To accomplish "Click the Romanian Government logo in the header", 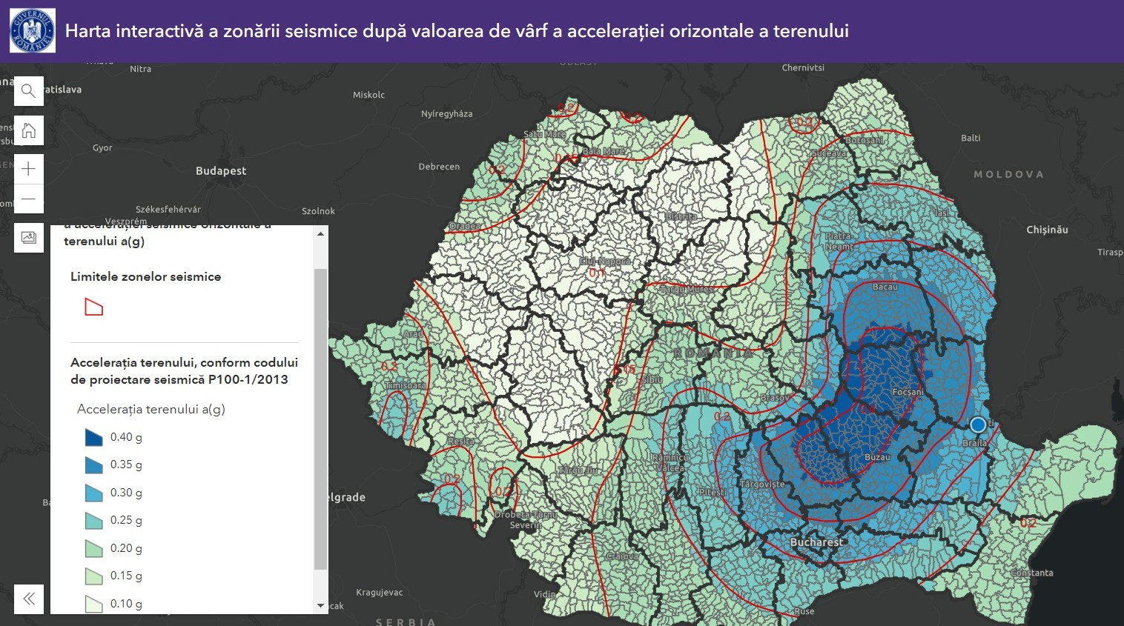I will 32,31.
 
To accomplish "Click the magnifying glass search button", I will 29,91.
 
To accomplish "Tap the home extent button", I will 29,131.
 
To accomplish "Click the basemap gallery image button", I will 29,238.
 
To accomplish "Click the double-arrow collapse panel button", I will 29,599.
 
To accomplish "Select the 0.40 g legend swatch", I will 93,437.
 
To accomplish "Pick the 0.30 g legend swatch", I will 93,493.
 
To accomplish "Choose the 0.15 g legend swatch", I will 93,576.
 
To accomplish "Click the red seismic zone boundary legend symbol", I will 93,307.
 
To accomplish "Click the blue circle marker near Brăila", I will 978,424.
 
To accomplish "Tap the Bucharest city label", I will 816,542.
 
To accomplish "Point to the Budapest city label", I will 221,171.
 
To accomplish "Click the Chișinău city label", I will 1047,230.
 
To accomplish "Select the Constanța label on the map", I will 1031,573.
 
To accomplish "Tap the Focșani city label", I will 908,392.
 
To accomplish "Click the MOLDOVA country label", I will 1008,174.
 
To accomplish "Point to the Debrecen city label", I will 439,167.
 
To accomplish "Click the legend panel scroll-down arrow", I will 320,605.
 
